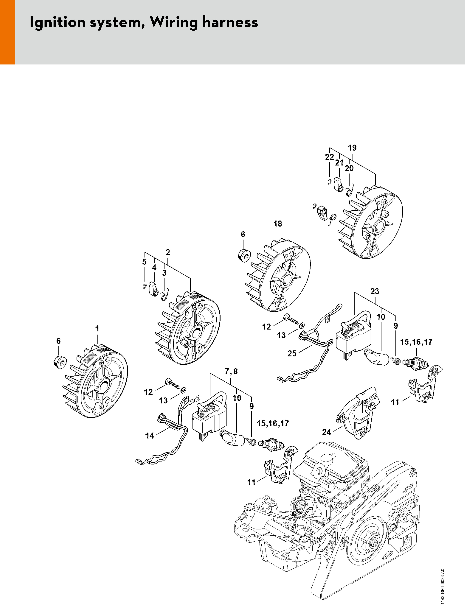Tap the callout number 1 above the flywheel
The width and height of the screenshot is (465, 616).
[97, 329]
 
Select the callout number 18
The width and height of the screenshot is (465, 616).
[278, 224]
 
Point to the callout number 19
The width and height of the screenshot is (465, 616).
[352, 148]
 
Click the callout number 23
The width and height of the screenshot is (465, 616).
[375, 291]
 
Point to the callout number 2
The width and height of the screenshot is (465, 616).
[168, 252]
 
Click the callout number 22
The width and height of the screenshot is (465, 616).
[330, 157]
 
